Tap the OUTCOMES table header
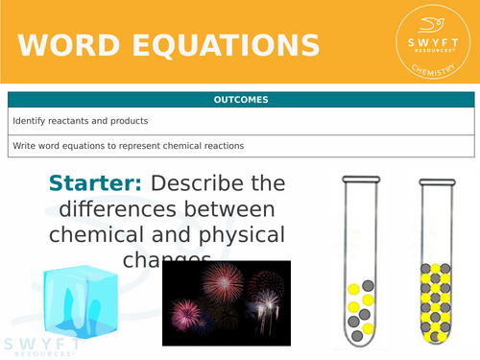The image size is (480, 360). pos(241,100)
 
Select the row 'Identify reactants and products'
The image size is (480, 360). pos(241,122)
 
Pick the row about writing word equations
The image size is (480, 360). pos(241,146)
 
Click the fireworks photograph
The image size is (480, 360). pos(226,302)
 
